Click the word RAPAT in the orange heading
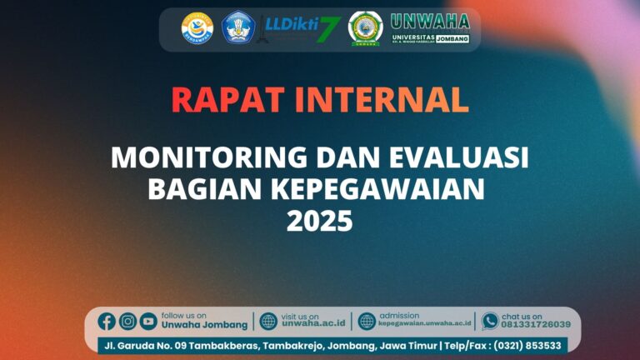[x=224, y=99]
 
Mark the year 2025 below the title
[x=320, y=222]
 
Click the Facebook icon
[x=107, y=321]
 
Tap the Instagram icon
[x=127, y=321]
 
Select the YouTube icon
[x=148, y=321]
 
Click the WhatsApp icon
[x=490, y=321]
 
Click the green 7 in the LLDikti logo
[x=330, y=28]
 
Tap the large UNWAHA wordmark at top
[x=430, y=21]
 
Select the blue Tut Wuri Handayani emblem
[x=237, y=27]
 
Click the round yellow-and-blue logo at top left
[x=197, y=27]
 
